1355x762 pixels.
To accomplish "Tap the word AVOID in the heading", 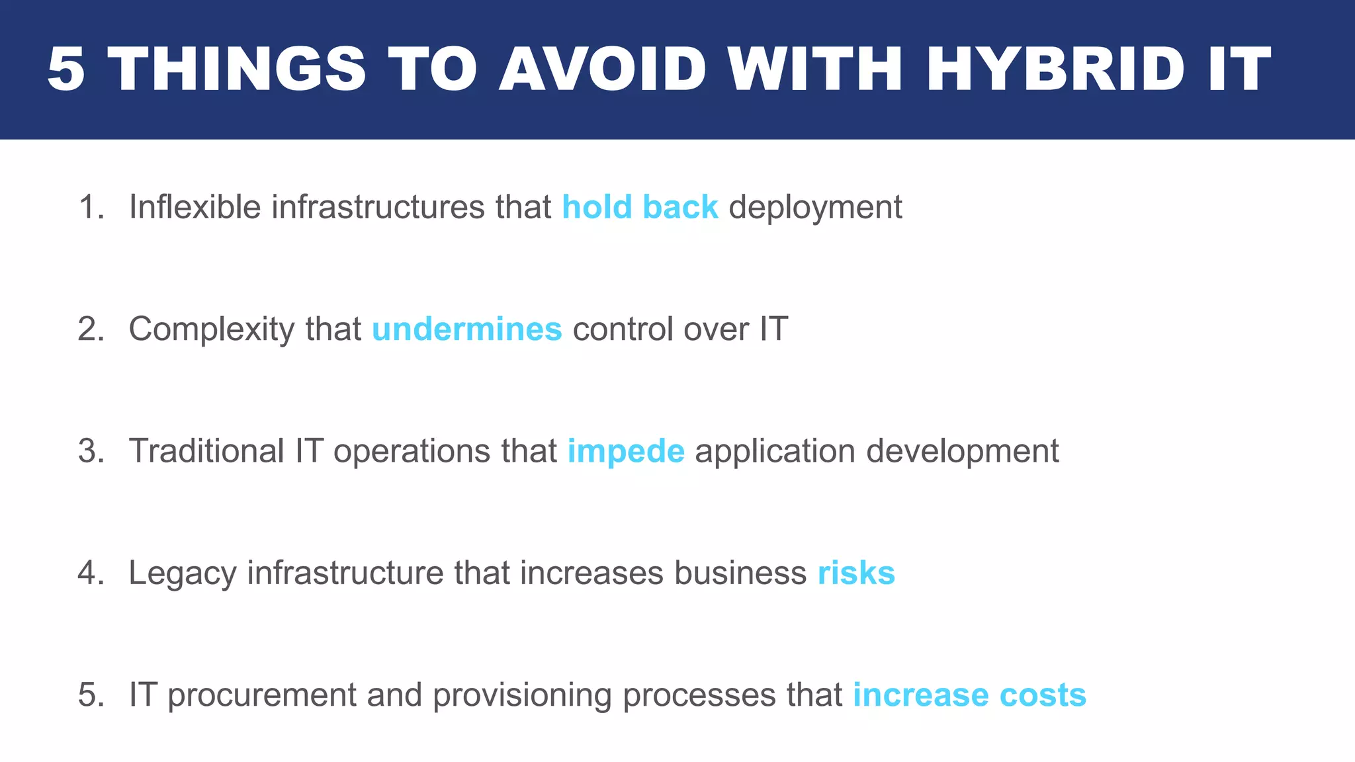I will point(603,69).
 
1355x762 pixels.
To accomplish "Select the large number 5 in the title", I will point(66,69).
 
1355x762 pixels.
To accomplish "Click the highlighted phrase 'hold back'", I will point(640,207).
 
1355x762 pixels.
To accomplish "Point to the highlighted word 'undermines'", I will point(466,329).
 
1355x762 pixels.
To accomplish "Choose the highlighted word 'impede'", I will point(626,451).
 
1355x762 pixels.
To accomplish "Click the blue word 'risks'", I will point(856,573).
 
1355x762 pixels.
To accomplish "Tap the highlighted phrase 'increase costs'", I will point(969,695).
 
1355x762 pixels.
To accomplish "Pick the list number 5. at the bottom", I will point(91,695).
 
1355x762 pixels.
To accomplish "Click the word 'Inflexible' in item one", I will point(195,207).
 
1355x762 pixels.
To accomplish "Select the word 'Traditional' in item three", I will point(206,451).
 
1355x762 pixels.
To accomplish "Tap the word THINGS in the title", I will point(236,69).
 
